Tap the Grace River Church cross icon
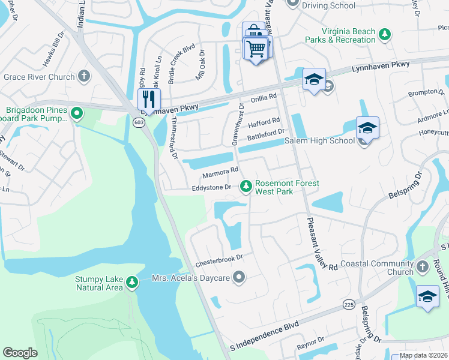click(84, 76)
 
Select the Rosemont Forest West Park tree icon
click(246, 187)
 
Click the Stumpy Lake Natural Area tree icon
click(131, 282)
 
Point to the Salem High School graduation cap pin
click(367, 127)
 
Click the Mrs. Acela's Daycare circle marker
click(240, 277)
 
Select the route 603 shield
click(139, 122)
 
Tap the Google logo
click(20, 352)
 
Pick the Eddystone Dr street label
click(211, 187)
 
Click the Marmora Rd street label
click(220, 172)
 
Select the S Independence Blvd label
click(265, 338)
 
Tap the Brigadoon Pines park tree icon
click(76, 113)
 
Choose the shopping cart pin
click(256, 47)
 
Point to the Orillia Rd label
click(264, 97)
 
